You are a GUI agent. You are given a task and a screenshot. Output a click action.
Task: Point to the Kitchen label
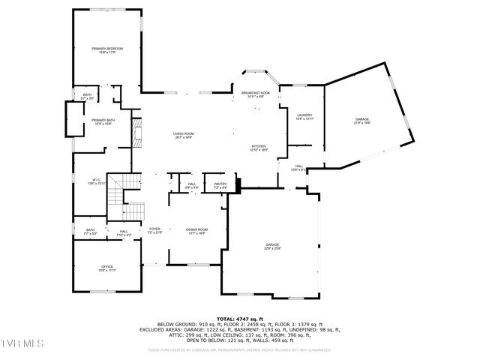point(259,148)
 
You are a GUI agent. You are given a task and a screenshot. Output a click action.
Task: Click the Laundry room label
point(304,116)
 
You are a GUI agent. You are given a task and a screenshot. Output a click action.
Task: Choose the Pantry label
point(220,185)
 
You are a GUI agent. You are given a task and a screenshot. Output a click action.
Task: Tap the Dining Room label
point(196,231)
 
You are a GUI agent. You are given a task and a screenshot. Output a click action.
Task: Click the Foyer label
point(154,231)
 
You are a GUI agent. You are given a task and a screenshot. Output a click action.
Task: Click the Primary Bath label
point(103,121)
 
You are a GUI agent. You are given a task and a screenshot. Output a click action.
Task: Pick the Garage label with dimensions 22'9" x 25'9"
point(272,246)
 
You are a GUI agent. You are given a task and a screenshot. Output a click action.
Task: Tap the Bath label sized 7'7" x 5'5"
point(90,232)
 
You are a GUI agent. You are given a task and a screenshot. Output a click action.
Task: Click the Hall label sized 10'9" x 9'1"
point(298,169)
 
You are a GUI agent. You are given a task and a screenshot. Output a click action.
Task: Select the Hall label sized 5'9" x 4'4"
point(192,185)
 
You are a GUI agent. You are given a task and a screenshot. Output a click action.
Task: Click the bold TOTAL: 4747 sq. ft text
point(240,319)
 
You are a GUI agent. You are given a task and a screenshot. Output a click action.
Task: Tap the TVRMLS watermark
point(22,343)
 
